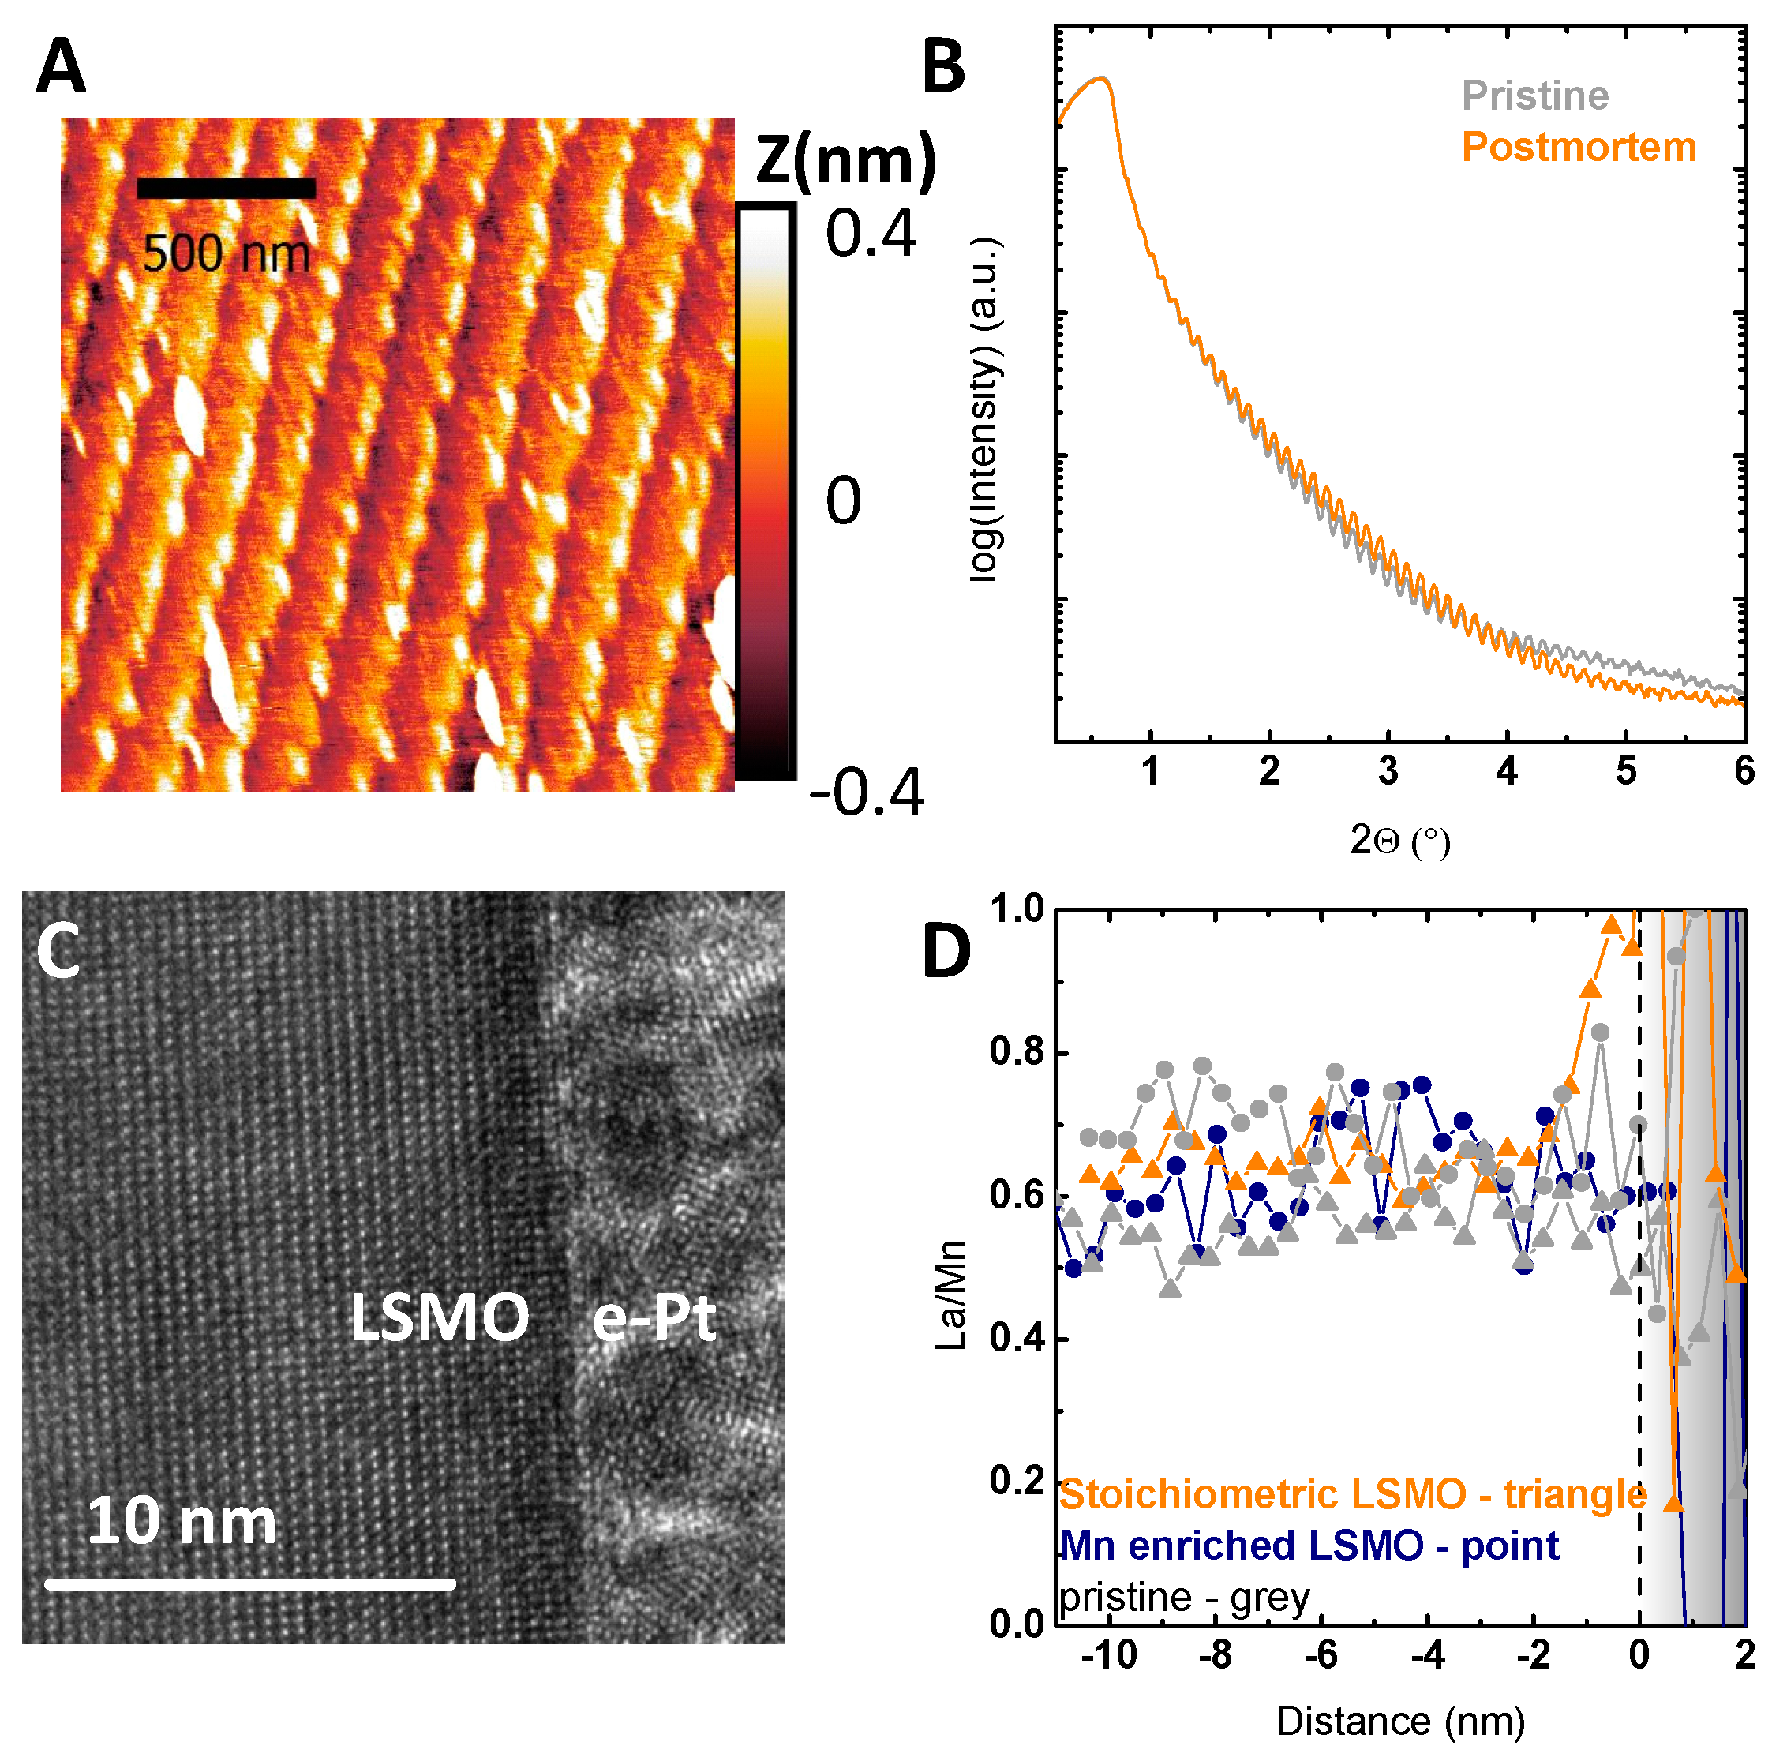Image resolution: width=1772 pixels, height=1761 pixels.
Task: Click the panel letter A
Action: tap(61, 66)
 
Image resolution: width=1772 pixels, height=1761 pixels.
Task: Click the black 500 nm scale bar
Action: tap(226, 189)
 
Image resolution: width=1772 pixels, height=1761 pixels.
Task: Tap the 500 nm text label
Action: tap(227, 254)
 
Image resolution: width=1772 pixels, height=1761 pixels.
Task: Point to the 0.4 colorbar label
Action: tap(870, 234)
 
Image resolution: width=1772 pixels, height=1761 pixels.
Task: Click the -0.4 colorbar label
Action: tap(866, 792)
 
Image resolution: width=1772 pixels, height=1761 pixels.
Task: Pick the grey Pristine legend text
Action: tap(1534, 96)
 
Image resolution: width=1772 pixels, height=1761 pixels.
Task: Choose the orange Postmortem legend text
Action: tap(1578, 148)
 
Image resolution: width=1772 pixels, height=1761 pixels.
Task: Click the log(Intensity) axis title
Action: tap(986, 409)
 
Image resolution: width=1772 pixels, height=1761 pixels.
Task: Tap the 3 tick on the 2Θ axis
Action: tap(1387, 771)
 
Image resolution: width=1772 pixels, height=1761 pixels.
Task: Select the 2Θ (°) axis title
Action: tap(1399, 840)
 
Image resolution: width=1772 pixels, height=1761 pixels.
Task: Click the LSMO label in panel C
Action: tap(440, 1318)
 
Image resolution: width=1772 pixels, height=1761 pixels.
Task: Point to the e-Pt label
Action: tap(653, 1320)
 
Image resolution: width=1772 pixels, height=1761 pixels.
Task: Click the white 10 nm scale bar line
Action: tap(249, 1584)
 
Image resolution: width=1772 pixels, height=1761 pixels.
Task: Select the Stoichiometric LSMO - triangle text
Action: tap(1353, 1494)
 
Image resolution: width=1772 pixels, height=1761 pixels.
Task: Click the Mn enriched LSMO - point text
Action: tap(1308, 1546)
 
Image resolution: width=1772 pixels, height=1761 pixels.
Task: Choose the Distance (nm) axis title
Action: tap(1399, 1722)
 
